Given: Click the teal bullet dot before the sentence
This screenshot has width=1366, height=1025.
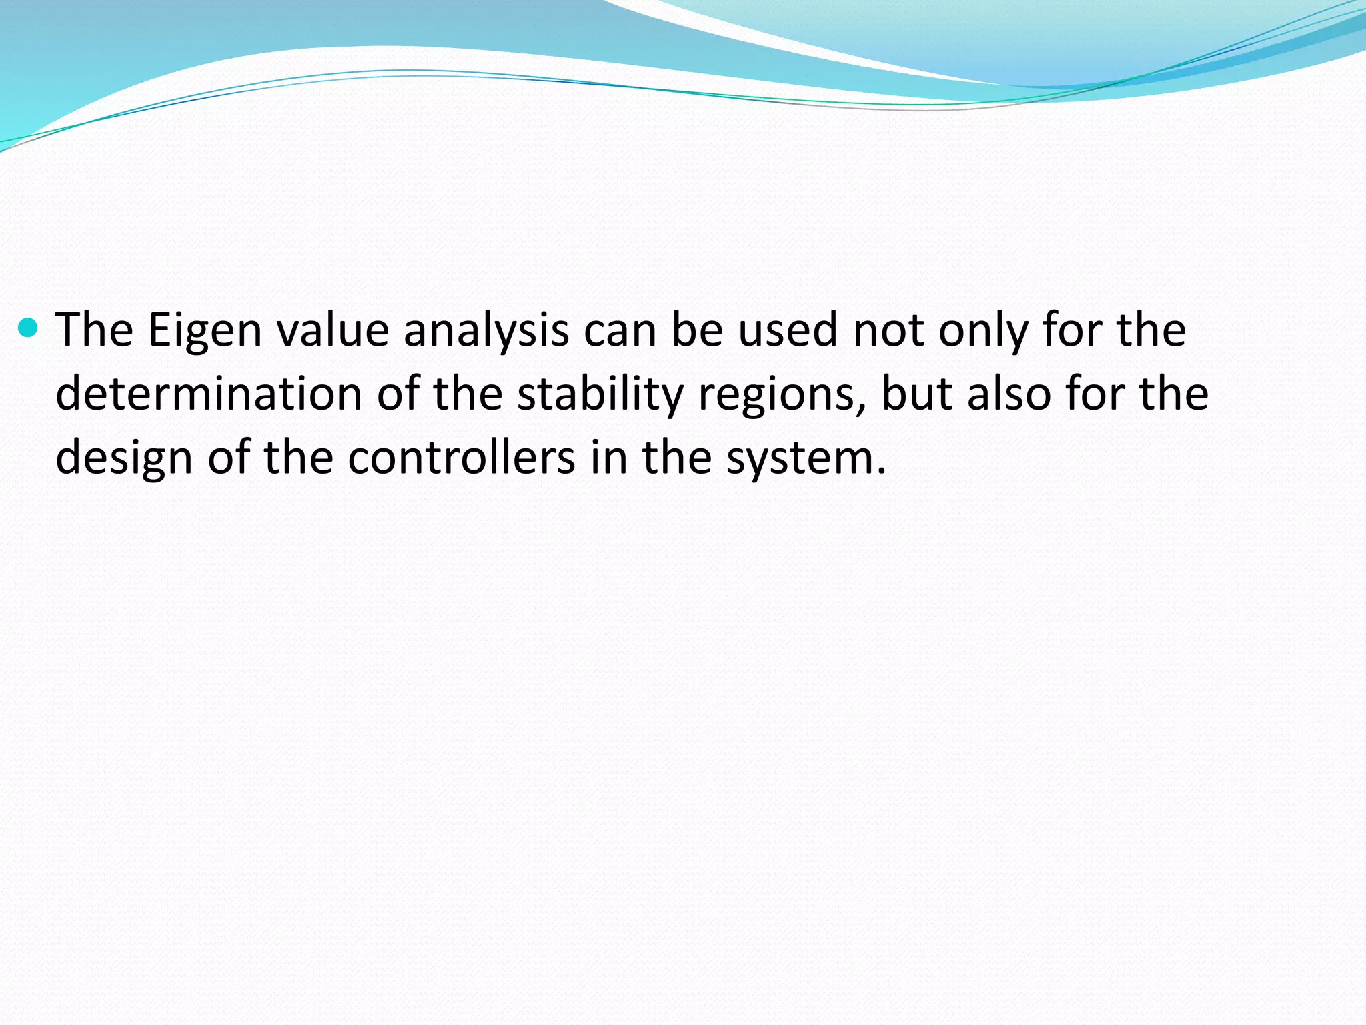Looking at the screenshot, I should (28, 328).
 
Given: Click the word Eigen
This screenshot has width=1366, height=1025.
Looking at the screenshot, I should (205, 331).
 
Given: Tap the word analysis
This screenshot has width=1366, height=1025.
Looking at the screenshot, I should (486, 331).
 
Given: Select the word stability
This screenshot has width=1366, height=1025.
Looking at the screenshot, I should (600, 395).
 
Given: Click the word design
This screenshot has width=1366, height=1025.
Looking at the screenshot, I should (124, 458).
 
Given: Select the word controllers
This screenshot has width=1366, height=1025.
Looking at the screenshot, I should (462, 457).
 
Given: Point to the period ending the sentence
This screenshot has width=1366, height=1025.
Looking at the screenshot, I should (882, 471).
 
